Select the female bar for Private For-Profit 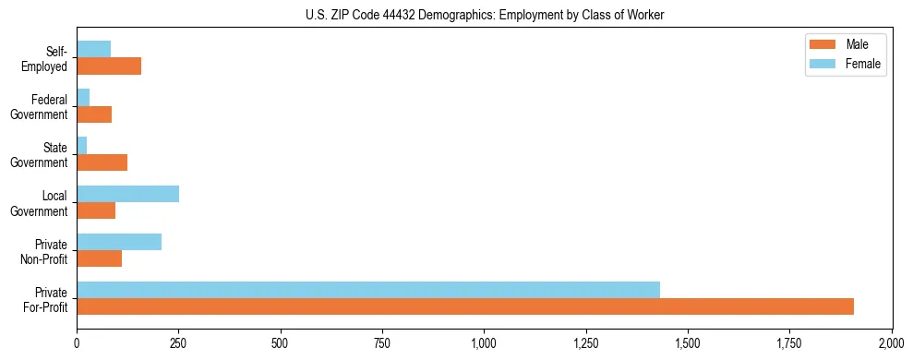pos(368,290)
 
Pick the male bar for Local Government pos(96,210)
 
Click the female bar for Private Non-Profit pos(119,242)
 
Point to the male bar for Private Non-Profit pos(99,258)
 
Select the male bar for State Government pos(102,162)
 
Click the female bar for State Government pos(82,146)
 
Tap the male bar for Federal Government pos(94,114)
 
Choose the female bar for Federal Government pos(83,98)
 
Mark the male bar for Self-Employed pos(109,66)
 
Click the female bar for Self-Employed pos(93,50)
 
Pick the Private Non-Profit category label pos(45,251)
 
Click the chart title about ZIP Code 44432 pos(485,15)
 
